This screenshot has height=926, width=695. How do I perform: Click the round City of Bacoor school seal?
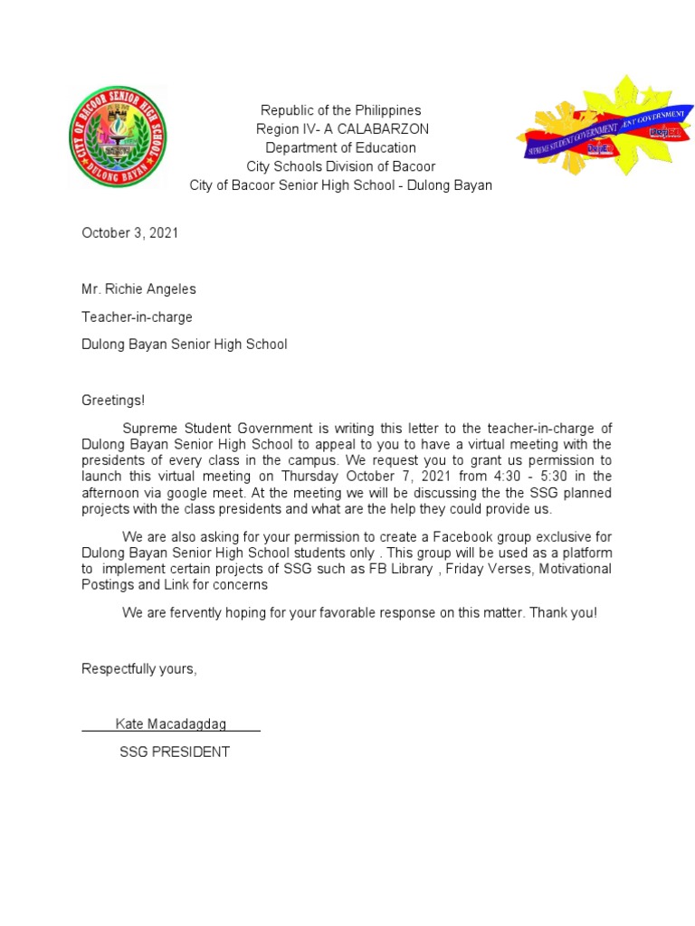point(119,137)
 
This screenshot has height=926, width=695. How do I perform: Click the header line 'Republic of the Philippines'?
point(341,110)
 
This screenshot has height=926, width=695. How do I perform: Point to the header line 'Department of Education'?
point(341,147)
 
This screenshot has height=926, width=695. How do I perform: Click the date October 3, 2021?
point(130,232)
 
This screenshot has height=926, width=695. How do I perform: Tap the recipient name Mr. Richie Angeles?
point(138,289)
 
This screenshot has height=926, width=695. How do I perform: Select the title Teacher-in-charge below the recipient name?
point(137,317)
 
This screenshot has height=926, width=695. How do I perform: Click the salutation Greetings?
point(113,400)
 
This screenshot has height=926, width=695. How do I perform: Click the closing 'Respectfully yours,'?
point(139,668)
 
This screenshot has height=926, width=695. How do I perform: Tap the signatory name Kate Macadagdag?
point(171,724)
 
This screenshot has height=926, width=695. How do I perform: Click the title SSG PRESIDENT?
point(175,751)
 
